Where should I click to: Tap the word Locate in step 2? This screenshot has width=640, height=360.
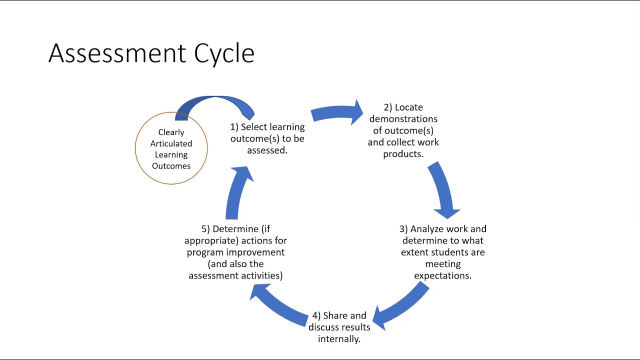pos(408,107)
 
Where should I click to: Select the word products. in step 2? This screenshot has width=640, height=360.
pos(403,154)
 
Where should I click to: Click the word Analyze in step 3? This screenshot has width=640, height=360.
pos(426,229)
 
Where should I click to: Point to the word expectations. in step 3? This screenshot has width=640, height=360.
pos(442,275)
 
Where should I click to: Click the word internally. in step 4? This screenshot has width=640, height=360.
pos(339,339)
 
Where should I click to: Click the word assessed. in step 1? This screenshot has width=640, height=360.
pos(267,150)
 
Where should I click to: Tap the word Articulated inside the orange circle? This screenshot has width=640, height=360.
pos(171,143)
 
